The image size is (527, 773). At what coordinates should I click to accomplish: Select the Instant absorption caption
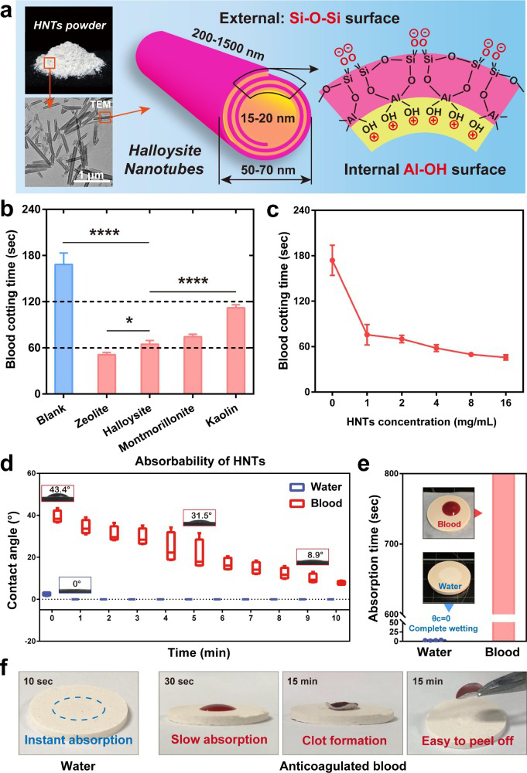[x=73, y=740]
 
